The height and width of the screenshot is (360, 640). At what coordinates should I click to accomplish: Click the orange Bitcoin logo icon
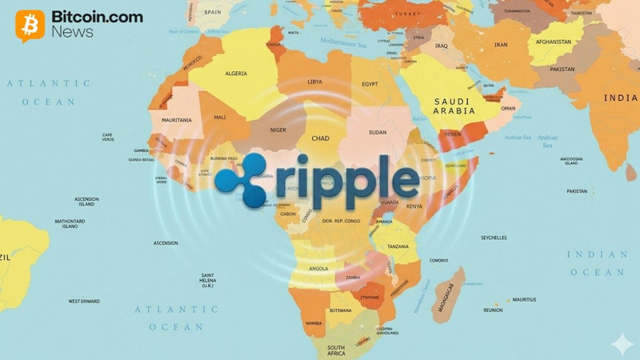click(30, 25)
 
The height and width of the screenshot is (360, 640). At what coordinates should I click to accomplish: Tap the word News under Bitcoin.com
click(72, 33)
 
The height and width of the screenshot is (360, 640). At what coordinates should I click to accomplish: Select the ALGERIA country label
click(235, 73)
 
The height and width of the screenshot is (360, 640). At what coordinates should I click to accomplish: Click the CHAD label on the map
click(320, 138)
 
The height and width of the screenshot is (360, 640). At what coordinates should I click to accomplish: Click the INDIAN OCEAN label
click(598, 263)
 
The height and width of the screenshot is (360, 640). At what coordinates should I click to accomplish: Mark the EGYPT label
click(370, 84)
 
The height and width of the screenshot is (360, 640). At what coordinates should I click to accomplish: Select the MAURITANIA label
click(176, 120)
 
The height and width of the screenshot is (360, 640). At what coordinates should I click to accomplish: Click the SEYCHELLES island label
click(494, 238)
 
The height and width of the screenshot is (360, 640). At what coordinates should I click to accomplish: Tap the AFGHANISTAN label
click(570, 42)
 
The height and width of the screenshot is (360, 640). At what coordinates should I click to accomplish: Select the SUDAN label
click(377, 132)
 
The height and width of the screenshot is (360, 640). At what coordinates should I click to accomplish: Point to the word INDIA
click(620, 98)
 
